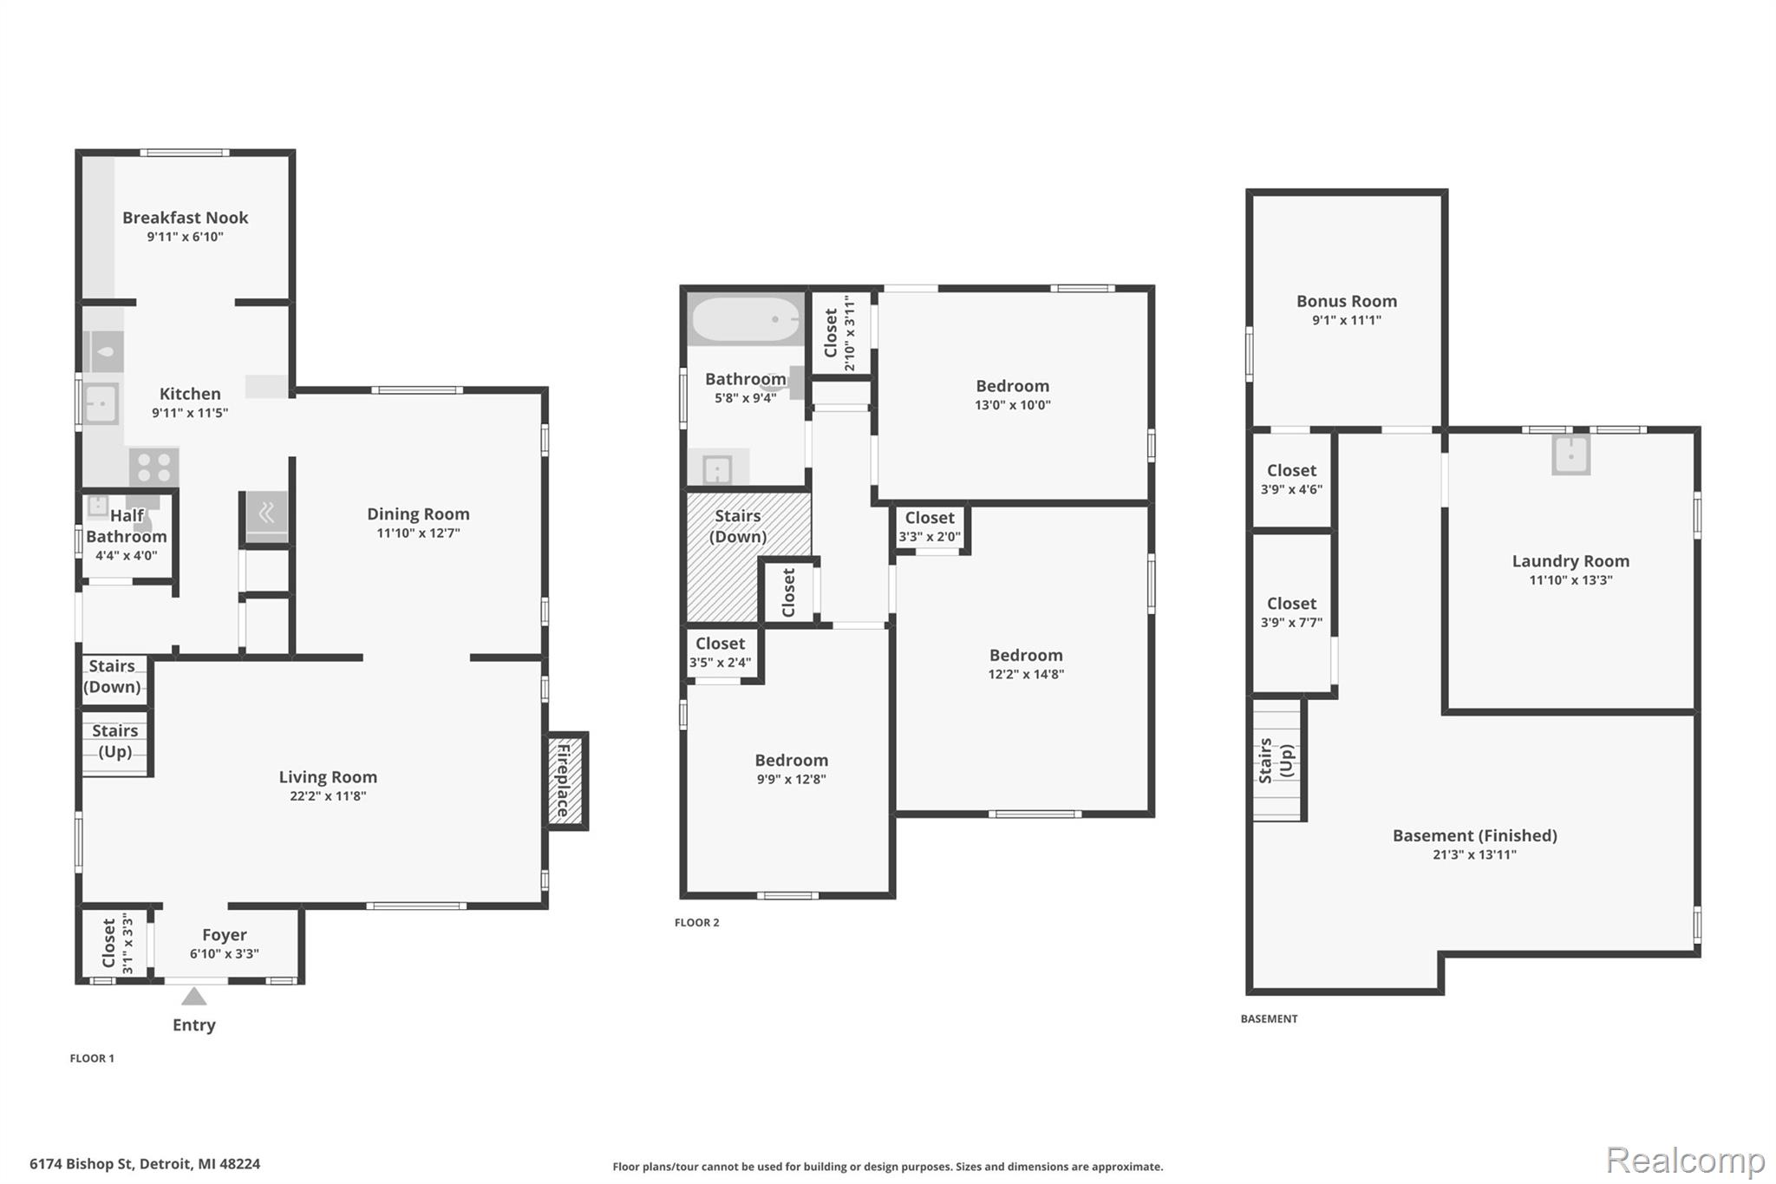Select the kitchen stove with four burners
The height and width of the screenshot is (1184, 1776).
coord(154,468)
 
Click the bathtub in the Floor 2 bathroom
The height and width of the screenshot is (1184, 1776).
coord(746,320)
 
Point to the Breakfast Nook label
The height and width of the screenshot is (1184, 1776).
coord(185,218)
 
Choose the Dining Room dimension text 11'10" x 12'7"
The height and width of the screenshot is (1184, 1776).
coord(418,533)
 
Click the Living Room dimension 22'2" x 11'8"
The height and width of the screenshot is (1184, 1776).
coord(328,796)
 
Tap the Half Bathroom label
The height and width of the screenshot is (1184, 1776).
coord(127,526)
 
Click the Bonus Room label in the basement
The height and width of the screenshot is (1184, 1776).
coord(1347,301)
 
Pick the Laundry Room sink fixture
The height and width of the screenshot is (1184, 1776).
coord(1571,455)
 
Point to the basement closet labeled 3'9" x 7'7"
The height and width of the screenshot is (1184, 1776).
coord(1292,612)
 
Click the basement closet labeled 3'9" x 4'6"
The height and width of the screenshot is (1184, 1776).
coord(1292,480)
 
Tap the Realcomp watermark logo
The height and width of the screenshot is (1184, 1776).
coord(1685,1160)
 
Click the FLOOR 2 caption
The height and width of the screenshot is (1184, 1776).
coord(697,922)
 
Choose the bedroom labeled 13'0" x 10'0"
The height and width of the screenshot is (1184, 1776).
coord(1013,395)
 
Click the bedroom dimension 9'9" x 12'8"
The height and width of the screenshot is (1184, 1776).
coord(791,779)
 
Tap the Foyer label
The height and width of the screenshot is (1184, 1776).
coord(225,935)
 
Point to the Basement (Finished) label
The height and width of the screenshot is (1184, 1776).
coord(1475,835)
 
